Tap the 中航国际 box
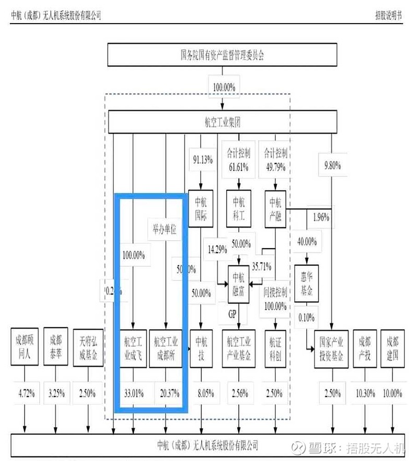pos(202,208)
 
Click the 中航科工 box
pos(239,208)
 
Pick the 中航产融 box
pos(275,208)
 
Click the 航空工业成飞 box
pos(133,348)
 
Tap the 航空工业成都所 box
pos(166,348)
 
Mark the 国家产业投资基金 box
pos(332,348)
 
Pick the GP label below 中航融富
pos(233,314)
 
